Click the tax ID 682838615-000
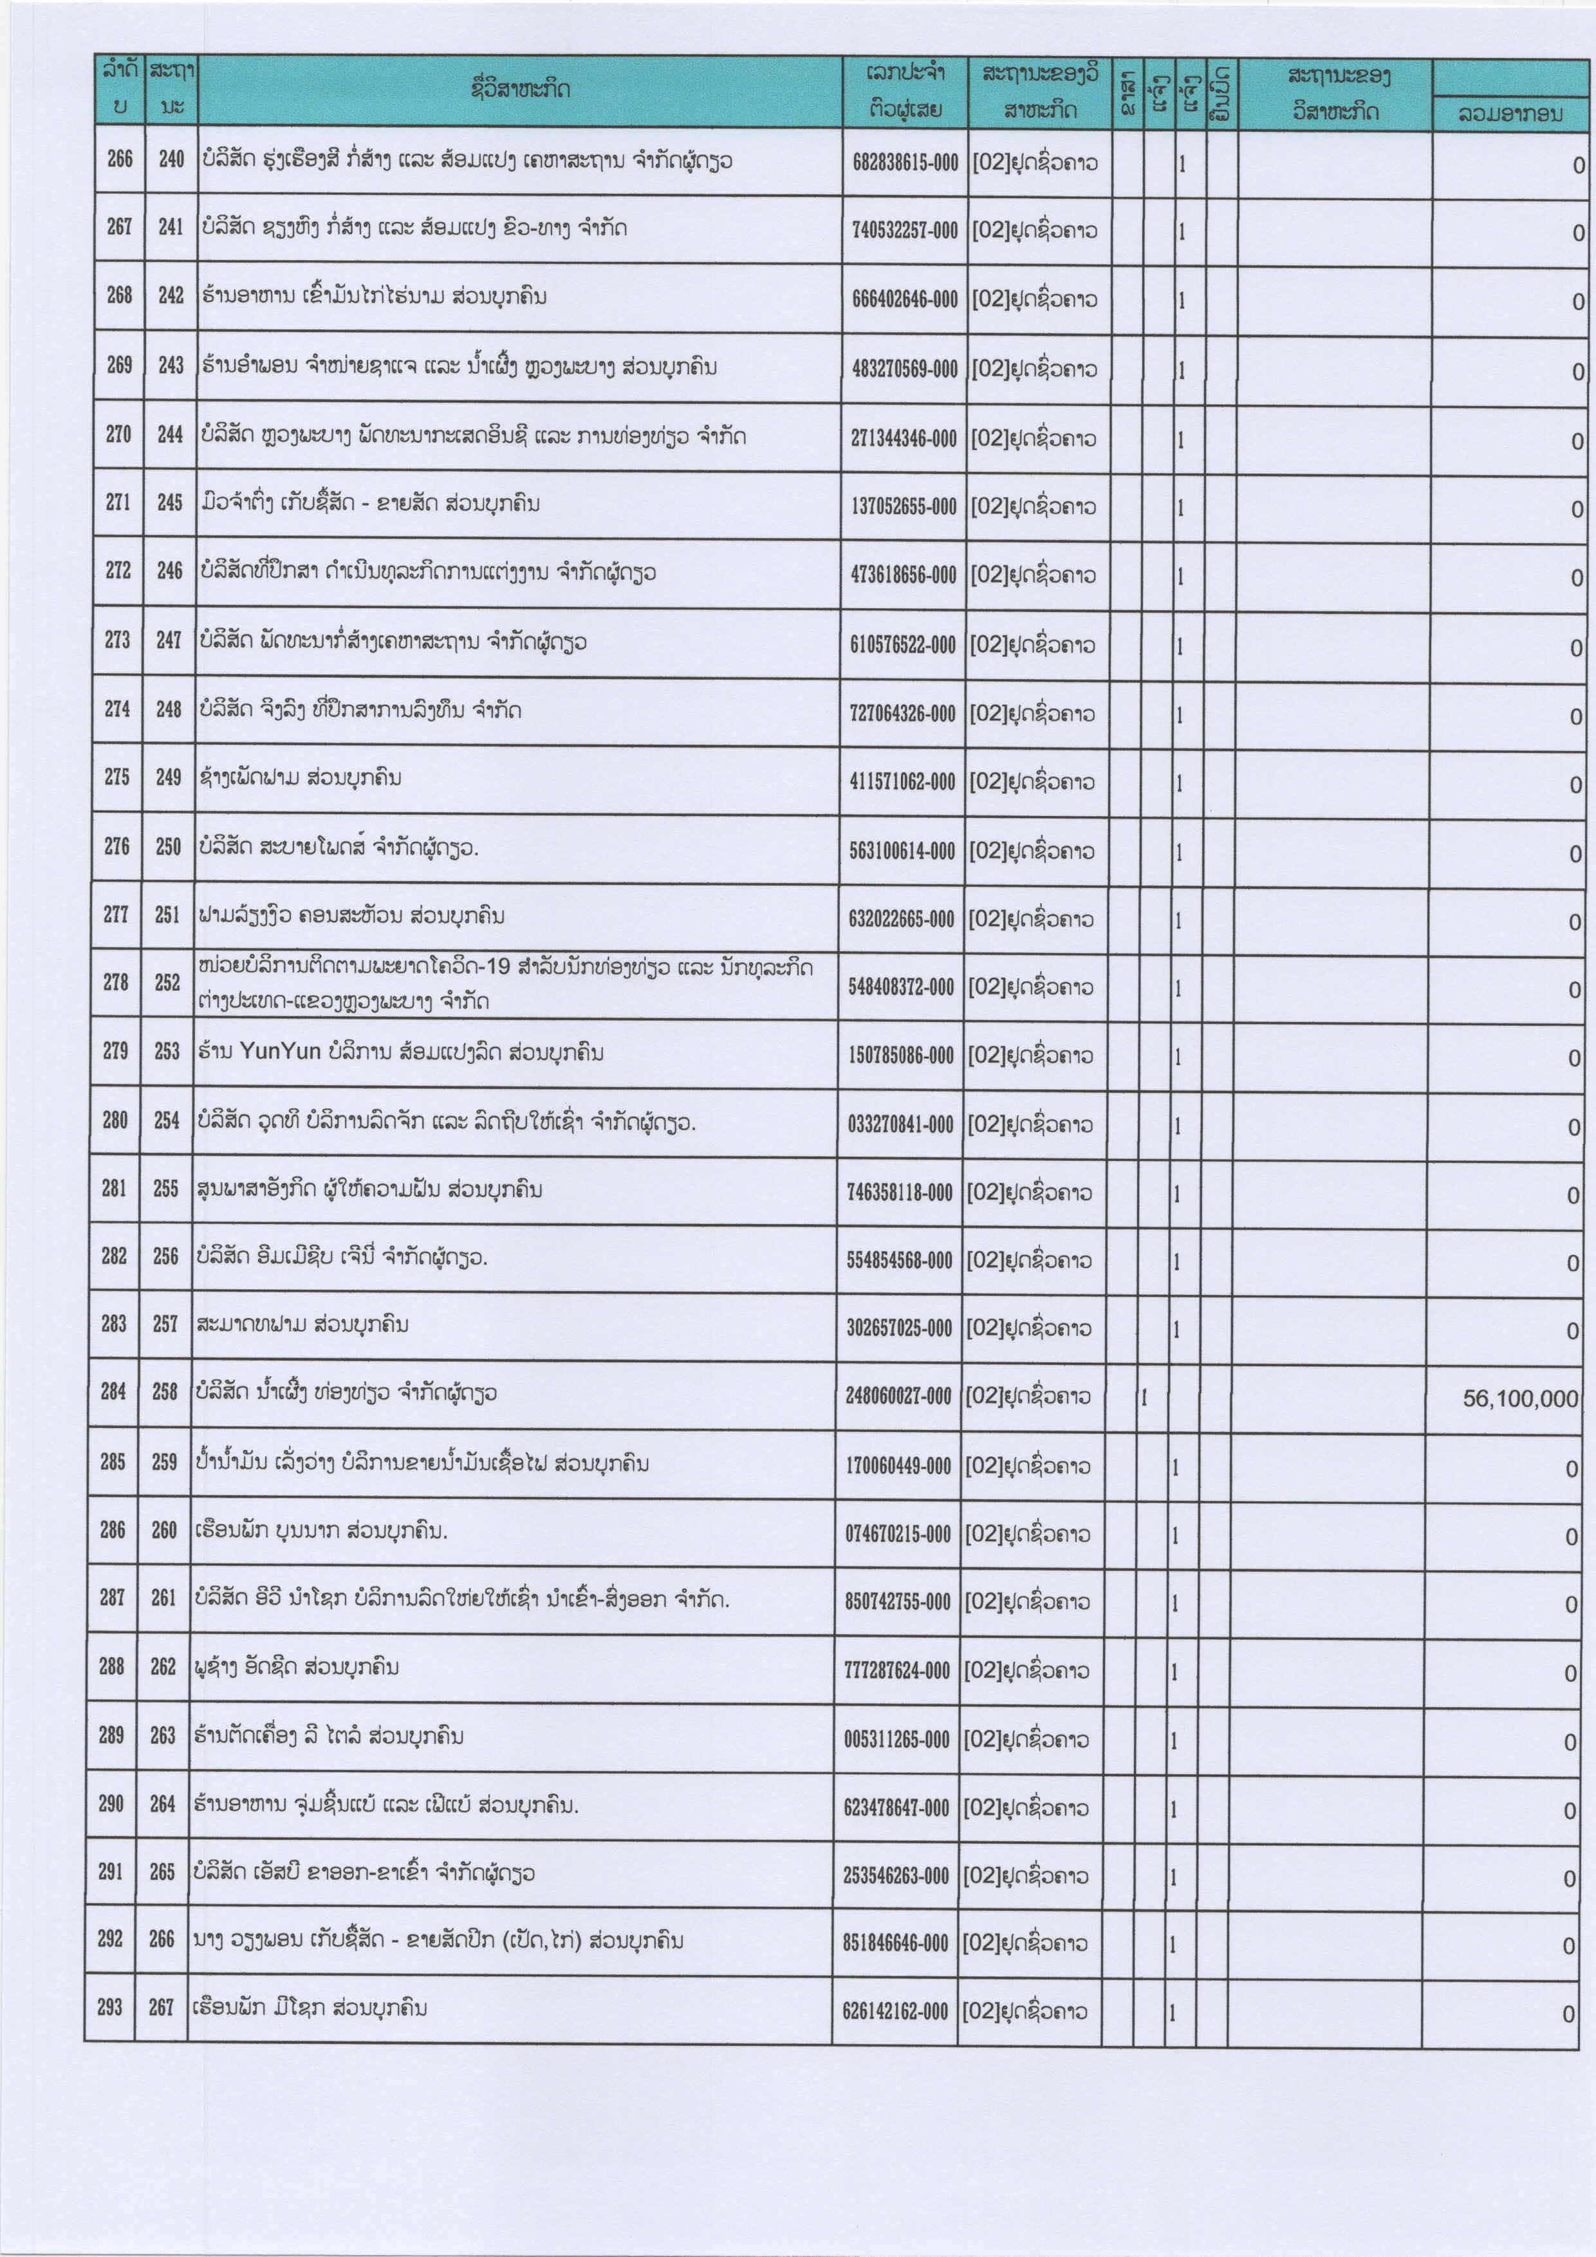pos(904,162)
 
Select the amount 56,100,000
pos(1519,1398)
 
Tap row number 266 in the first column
pos(120,158)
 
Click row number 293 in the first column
pos(110,2007)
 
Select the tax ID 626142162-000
pos(895,2011)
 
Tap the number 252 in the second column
pos(168,982)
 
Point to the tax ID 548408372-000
pos(901,987)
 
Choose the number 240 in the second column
pos(171,159)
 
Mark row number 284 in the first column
pos(113,1391)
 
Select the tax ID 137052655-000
pos(903,506)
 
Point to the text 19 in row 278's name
pos(500,966)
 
